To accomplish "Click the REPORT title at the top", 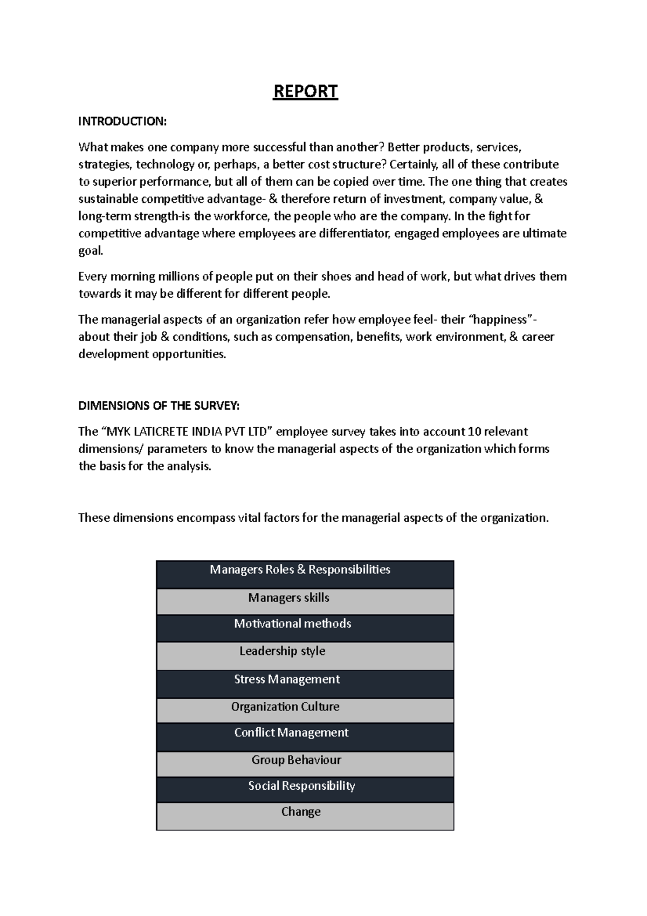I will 305,92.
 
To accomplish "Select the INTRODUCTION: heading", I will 122,121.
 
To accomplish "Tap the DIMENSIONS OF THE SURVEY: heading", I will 159,406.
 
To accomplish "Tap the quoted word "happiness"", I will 501,320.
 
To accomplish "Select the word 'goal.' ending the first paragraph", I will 90,251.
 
